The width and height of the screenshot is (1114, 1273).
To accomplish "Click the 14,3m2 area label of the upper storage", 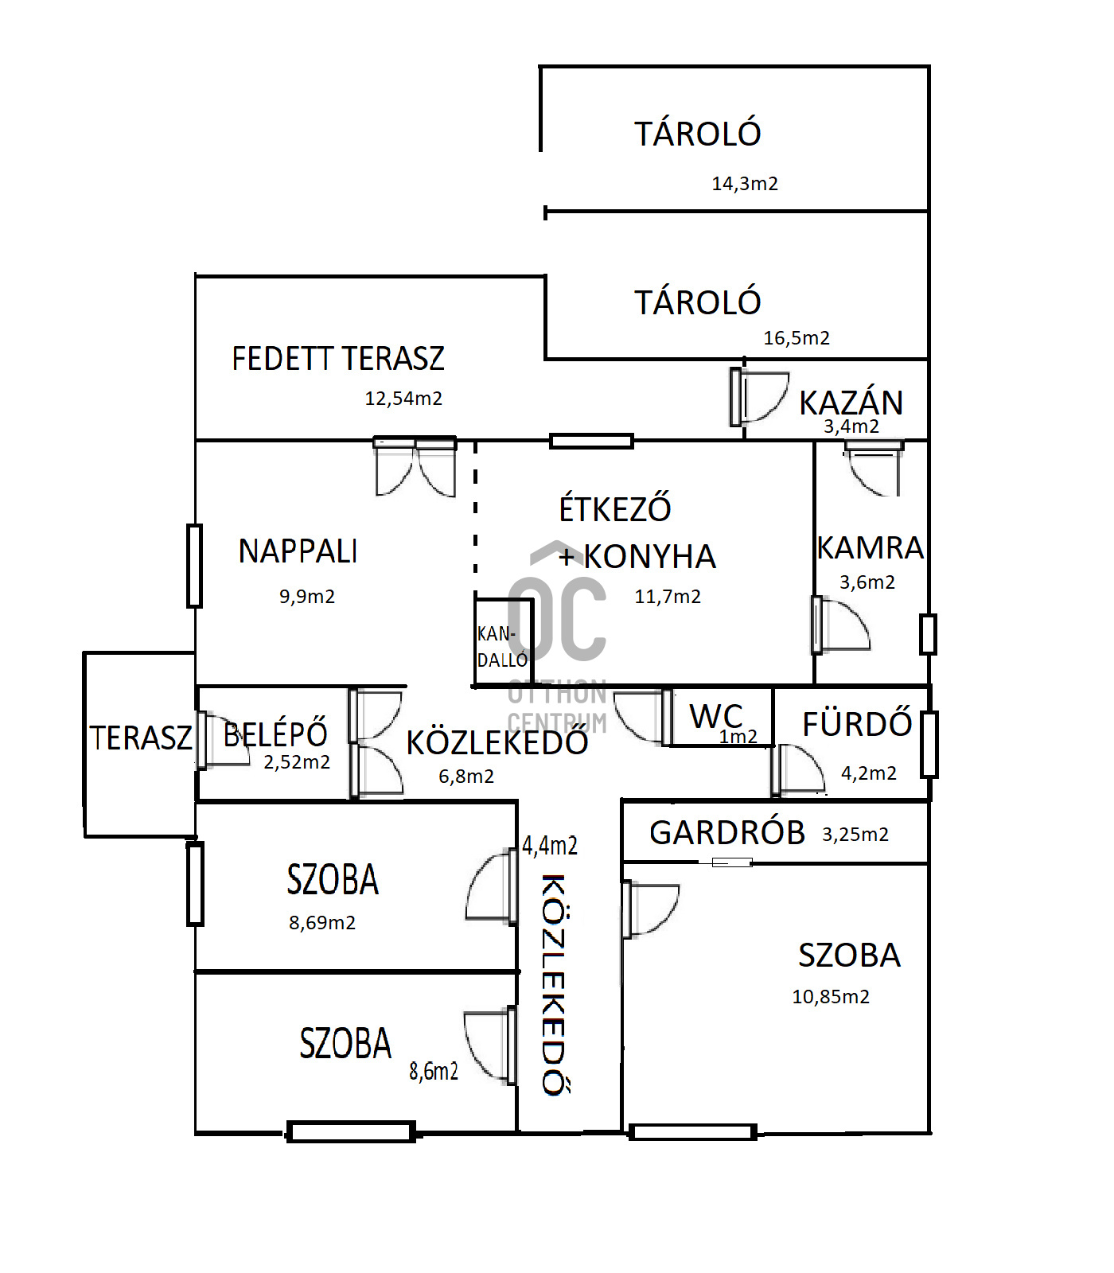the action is (x=745, y=184).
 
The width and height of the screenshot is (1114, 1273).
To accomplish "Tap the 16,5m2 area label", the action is (x=797, y=338).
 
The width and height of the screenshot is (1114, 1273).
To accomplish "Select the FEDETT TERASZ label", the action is (x=338, y=359).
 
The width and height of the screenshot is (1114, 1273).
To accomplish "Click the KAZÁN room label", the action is (x=851, y=403).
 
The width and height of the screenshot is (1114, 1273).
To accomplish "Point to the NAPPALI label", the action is (x=298, y=551).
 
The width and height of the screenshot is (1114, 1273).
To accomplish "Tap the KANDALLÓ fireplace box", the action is (x=502, y=641).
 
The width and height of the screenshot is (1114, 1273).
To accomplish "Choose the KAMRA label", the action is (x=871, y=548).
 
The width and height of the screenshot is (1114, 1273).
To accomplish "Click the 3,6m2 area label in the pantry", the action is (x=867, y=582).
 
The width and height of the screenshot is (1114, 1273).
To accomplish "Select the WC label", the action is (x=716, y=716).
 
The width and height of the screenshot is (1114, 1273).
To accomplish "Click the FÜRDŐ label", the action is (x=857, y=724).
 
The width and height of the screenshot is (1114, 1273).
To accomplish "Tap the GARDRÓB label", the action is (x=727, y=833).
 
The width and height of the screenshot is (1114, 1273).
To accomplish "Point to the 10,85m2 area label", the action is (x=831, y=997).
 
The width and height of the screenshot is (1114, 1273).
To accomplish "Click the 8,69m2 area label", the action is (x=322, y=923).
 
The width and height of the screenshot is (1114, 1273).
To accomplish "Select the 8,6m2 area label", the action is (x=434, y=1072).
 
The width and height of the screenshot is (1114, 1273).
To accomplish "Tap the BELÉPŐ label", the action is (x=275, y=734).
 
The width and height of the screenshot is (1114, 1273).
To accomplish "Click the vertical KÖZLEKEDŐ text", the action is (x=554, y=984).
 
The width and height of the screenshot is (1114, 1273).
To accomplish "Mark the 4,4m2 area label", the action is (x=550, y=846).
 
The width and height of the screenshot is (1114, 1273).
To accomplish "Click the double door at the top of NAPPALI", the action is (x=415, y=466).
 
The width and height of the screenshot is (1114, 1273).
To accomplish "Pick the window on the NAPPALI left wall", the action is (x=194, y=566).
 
